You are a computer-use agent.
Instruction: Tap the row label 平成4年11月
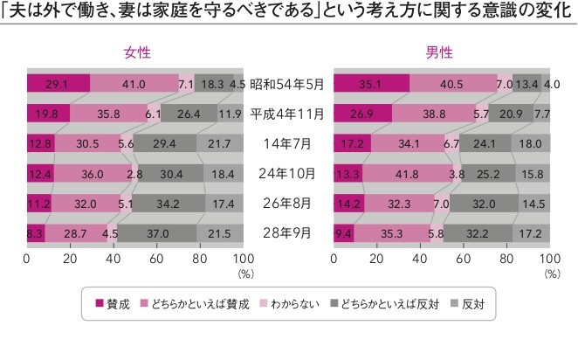pyautogui.click(x=288, y=113)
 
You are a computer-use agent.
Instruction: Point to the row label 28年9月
pyautogui.click(x=288, y=233)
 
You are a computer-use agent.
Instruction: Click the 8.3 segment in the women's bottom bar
pyautogui.click(x=37, y=233)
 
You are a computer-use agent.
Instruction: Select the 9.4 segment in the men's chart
pyautogui.click(x=344, y=233)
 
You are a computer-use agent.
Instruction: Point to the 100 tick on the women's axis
pyautogui.click(x=244, y=260)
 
